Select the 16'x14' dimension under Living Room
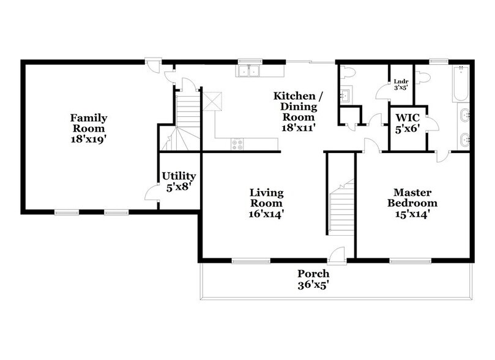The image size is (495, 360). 266,214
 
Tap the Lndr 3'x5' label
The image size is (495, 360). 401,84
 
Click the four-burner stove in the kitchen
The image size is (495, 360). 236,144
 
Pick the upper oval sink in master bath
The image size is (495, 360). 464,114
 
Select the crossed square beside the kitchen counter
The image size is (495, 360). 212,100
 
